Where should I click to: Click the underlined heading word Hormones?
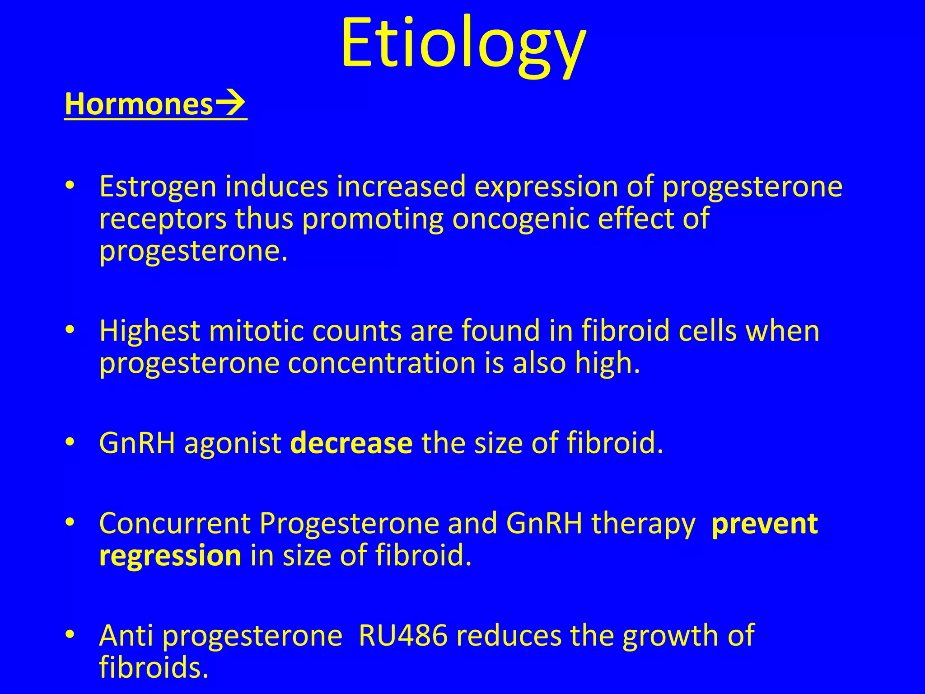138,104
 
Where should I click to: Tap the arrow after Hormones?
230,104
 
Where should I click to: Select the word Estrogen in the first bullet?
158,187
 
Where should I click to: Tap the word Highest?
149,331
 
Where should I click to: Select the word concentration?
382,363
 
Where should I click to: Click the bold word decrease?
351,443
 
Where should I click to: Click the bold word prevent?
764,524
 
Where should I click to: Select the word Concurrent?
175,524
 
